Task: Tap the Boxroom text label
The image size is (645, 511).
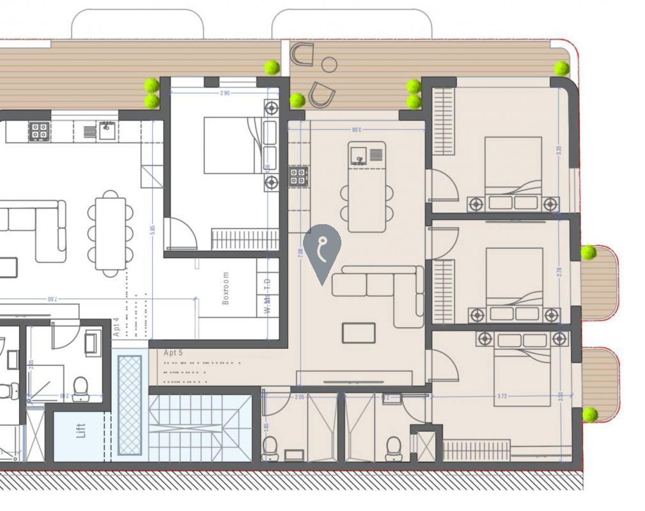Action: pyautogui.click(x=226, y=288)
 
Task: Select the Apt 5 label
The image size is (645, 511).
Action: pyautogui.click(x=173, y=353)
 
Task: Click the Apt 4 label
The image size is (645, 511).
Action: pyautogui.click(x=116, y=327)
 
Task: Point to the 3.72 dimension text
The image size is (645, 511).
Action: pyautogui.click(x=502, y=397)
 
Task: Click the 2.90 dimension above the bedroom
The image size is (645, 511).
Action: pyautogui.click(x=224, y=93)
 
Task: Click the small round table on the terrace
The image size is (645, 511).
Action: pyautogui.click(x=329, y=64)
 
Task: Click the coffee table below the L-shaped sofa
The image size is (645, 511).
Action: pyautogui.click(x=359, y=333)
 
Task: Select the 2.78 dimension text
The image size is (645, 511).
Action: pyautogui.click(x=559, y=271)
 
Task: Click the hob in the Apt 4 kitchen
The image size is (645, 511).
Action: pyautogui.click(x=39, y=132)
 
